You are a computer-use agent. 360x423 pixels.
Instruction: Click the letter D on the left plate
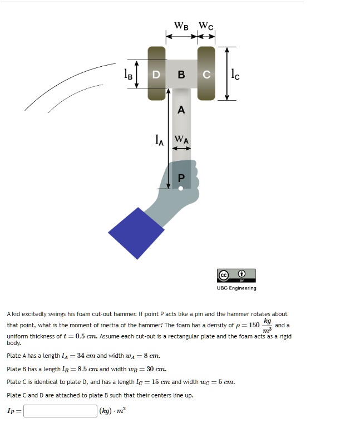[156, 75]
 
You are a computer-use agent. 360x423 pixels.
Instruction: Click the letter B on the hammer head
[181, 75]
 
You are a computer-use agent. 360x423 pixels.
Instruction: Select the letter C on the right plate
[206, 75]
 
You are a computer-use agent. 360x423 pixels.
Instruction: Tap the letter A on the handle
[181, 110]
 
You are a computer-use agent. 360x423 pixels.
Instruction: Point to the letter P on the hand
[180, 178]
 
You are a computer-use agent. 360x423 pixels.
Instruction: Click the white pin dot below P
[180, 188]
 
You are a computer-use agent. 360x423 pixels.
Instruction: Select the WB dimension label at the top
[181, 26]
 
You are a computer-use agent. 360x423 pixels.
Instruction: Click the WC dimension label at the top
[206, 26]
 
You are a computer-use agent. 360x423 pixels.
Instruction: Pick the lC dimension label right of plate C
[235, 73]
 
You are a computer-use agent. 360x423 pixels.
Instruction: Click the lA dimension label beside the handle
[159, 140]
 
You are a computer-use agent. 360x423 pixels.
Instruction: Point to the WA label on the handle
[181, 140]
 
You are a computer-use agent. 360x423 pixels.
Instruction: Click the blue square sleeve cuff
[136, 233]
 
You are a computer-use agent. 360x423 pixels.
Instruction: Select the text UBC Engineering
[236, 288]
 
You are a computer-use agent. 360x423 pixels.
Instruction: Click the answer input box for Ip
[60, 411]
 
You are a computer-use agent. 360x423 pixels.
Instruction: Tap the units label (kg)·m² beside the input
[112, 411]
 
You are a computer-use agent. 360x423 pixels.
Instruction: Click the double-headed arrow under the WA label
[181, 149]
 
